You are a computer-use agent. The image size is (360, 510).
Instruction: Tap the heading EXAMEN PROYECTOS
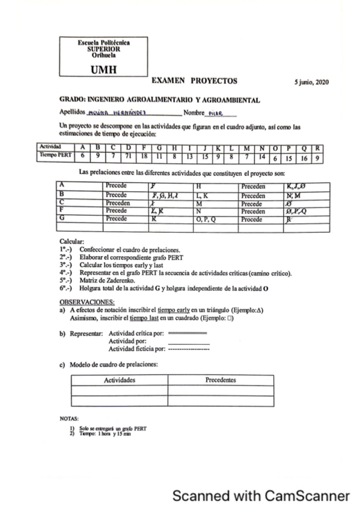194,80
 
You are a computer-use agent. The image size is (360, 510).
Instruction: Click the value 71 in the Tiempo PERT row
128,156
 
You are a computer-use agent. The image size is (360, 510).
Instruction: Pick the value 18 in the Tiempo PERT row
144,156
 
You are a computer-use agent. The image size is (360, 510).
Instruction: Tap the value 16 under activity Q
304,156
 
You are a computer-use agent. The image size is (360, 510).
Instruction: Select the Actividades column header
119,381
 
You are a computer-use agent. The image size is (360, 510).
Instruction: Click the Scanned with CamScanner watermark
260,496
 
